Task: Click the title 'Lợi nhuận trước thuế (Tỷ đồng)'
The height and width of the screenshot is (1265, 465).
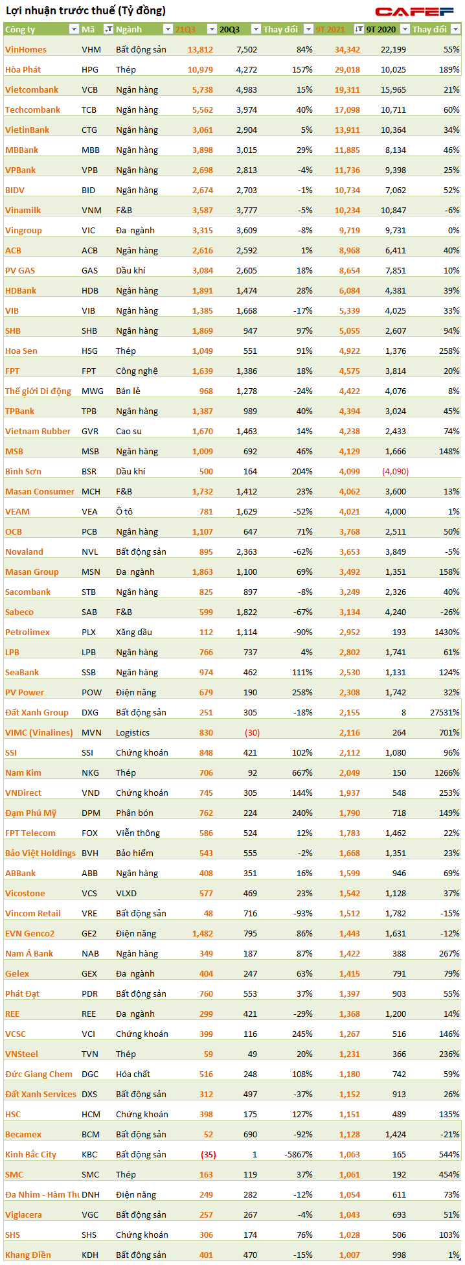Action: [85, 10]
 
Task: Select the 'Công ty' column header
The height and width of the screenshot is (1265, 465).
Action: [20, 29]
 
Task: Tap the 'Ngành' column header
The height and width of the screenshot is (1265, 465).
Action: [129, 29]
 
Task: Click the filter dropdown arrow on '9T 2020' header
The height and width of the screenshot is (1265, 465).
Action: [405, 29]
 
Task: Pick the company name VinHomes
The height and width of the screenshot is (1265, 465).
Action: [26, 49]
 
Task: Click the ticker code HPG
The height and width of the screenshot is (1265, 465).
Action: [90, 69]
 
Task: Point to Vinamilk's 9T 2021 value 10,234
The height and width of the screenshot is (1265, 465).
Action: [347, 210]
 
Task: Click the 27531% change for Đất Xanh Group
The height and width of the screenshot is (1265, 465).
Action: [444, 712]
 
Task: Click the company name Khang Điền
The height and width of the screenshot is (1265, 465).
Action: [28, 1255]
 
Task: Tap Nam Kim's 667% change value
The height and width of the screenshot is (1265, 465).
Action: [302, 772]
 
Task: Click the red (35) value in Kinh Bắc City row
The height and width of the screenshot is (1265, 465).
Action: [209, 1154]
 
